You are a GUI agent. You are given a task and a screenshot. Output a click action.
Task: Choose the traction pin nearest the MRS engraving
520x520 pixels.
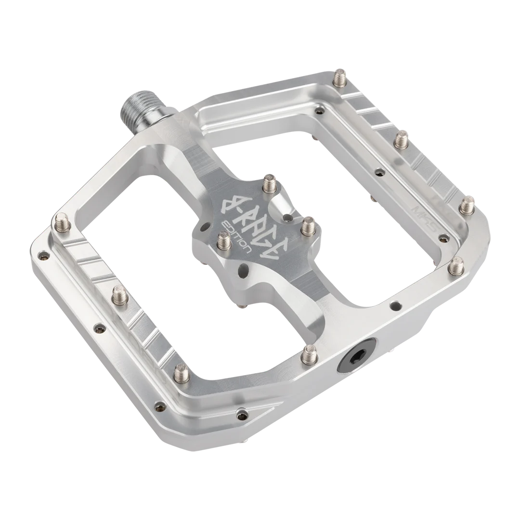click(x=465, y=206)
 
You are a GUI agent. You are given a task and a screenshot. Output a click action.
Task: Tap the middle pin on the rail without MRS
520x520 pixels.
click(x=118, y=293)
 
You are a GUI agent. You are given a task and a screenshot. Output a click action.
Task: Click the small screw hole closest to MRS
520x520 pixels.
click(x=445, y=236)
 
